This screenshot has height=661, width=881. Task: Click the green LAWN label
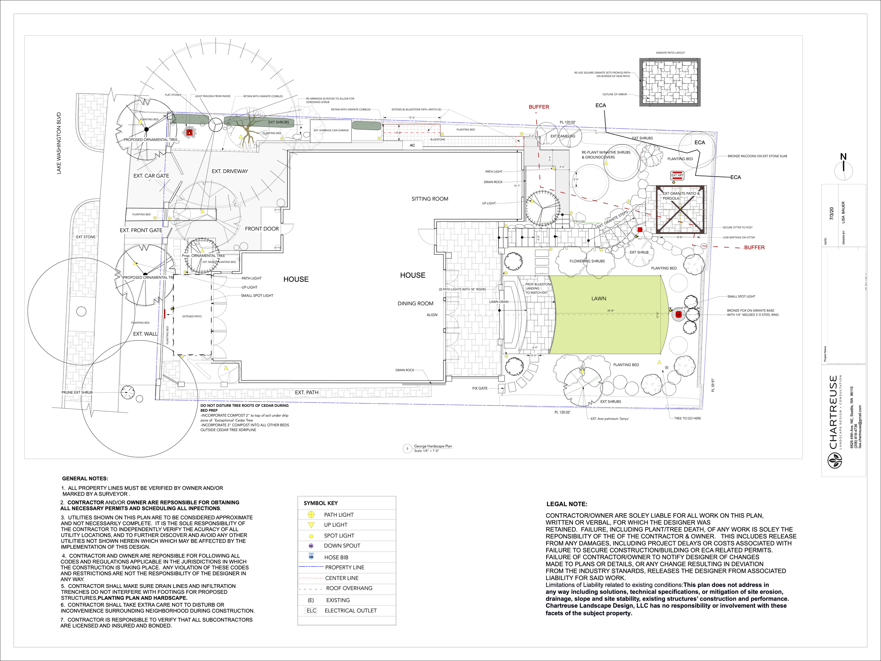coord(599,299)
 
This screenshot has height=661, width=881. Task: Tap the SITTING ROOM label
coord(430,199)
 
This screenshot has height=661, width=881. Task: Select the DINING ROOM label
coord(415,304)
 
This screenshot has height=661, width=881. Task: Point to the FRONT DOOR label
coord(262,229)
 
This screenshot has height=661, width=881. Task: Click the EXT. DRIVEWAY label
coord(230,171)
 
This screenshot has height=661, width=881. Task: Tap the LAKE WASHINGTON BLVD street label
coord(59,143)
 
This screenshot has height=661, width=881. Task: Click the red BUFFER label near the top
coord(539,107)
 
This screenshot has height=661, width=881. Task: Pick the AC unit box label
coord(412,146)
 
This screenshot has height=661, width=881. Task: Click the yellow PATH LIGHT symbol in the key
coord(311,515)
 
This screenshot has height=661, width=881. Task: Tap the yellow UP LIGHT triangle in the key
coord(312,525)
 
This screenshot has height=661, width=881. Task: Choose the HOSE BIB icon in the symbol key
coord(311,557)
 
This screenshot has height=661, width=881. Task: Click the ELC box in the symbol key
coord(312,610)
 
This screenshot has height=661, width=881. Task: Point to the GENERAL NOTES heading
coord(85,478)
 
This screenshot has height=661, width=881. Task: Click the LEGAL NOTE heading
coord(567,504)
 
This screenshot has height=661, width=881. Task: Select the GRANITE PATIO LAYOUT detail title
coord(670,53)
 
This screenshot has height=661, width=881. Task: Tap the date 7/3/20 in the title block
coord(832,214)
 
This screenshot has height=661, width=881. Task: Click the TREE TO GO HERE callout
coord(688,418)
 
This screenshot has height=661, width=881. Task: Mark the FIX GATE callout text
coord(480,388)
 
